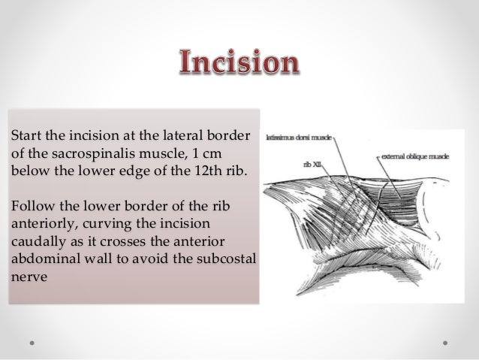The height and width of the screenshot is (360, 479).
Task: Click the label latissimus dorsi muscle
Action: tap(296, 139)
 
